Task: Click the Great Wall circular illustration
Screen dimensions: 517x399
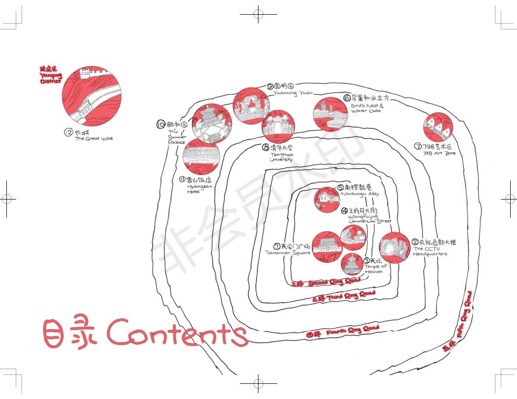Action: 92,96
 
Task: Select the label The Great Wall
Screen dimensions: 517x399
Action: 93,138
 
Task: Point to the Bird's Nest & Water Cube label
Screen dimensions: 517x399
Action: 367,108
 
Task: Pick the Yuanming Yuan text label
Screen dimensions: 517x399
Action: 292,93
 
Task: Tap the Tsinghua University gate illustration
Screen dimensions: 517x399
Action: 278,127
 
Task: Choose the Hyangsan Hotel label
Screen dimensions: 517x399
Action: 193,189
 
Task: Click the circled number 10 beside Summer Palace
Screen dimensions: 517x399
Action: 161,125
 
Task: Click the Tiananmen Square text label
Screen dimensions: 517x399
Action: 288,252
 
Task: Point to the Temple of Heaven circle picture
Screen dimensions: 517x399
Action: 352,265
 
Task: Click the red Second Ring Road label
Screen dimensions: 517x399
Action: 326,282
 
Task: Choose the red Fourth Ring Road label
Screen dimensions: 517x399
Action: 343,332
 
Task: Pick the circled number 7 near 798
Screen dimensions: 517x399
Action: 418,146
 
